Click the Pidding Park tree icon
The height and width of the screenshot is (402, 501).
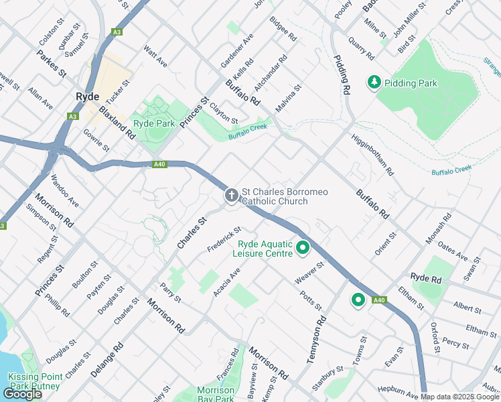[374, 82]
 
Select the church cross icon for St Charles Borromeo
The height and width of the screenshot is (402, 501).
[231, 196]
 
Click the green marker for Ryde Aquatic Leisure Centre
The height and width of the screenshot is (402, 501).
[303, 248]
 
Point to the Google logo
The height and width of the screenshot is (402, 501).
[22, 394]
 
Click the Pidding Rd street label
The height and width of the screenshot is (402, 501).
[342, 74]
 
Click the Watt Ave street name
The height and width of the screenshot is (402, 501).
[155, 57]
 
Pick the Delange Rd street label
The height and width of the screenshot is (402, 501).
[107, 358]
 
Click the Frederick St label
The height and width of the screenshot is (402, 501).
[224, 239]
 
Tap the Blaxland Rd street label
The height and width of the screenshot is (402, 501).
[117, 121]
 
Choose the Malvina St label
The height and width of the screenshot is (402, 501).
[289, 97]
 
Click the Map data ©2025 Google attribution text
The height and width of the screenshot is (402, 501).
[460, 397]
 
